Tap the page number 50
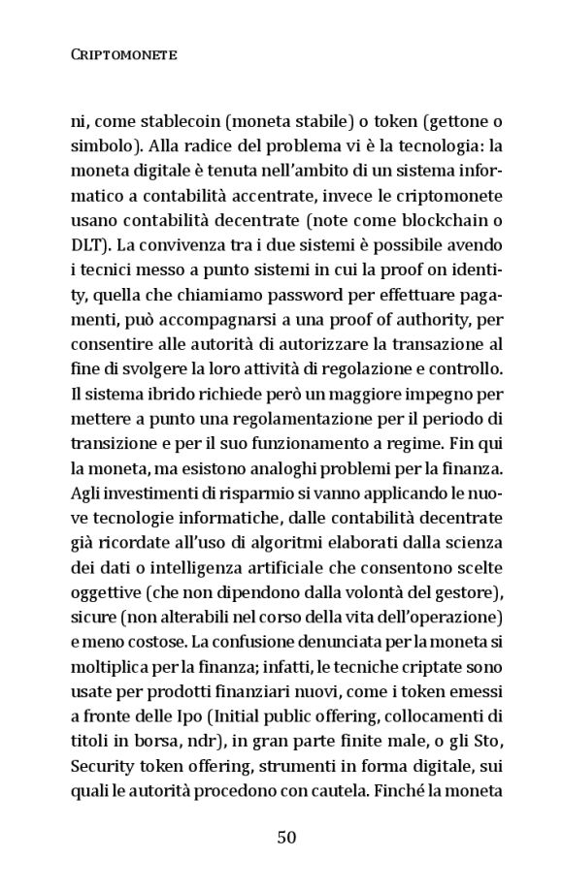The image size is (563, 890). (285, 838)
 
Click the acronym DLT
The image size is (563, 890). (87, 248)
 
